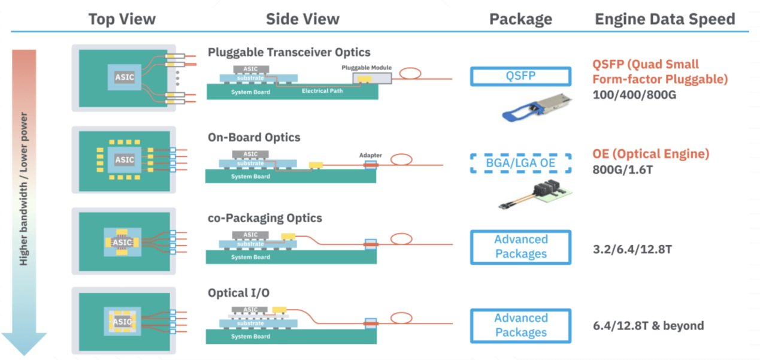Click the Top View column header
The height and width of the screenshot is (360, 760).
coord(122,19)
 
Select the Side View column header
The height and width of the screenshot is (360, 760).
coord(302,19)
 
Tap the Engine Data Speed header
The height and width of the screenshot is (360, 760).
coord(665,19)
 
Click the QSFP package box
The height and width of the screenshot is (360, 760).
coord(520,76)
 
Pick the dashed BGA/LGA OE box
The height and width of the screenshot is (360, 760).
coord(520,163)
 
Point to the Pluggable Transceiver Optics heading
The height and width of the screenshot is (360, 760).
coord(289,53)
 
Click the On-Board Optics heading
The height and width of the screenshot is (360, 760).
coord(254,137)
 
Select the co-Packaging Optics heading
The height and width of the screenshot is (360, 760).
coord(265,218)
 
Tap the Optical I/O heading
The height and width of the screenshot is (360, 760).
coord(238,294)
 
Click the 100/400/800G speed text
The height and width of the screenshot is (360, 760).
coord(634,95)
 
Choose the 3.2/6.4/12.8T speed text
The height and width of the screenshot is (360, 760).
coord(632,247)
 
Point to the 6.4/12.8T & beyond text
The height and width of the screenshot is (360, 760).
coord(648,326)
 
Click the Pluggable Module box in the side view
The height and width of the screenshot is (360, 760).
coord(372,78)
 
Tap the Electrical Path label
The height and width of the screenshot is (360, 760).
coord(323,91)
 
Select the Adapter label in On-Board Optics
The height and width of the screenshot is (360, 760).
coord(371,155)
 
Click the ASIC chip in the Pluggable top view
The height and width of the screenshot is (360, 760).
coord(125,77)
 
